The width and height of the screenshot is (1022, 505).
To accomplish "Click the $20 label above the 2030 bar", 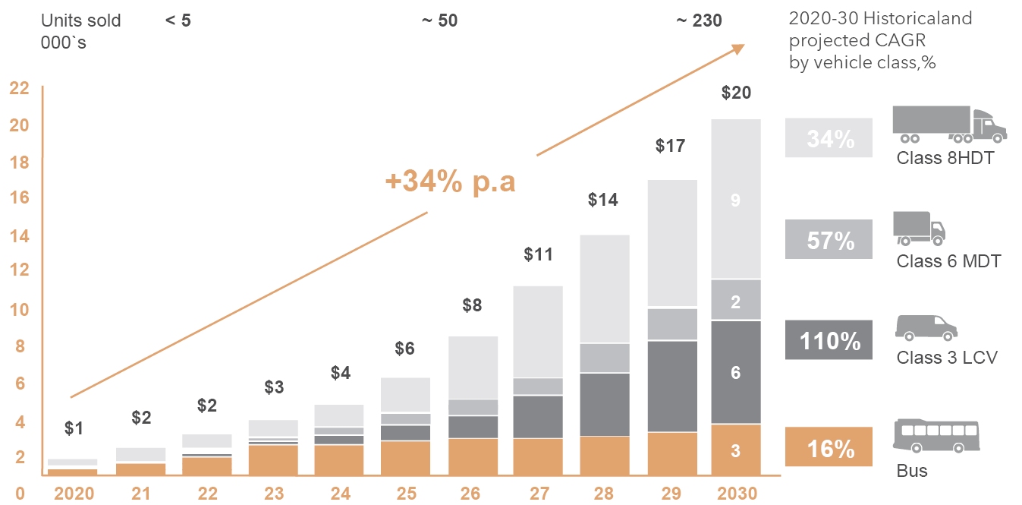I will click(735, 93).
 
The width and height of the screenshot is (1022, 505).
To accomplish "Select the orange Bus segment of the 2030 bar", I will click(735, 450).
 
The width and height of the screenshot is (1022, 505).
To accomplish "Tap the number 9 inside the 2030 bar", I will click(735, 200).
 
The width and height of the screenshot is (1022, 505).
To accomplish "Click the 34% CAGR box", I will click(829, 138).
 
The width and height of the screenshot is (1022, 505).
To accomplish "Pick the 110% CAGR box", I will click(829, 340).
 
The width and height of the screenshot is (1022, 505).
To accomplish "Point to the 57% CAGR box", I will click(829, 239).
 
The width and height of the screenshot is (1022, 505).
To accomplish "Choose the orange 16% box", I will click(829, 448).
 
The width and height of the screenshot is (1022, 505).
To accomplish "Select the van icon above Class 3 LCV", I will click(926, 328).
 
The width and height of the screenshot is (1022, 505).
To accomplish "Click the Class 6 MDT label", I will click(948, 261).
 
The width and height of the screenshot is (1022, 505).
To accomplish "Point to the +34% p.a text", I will click(450, 182).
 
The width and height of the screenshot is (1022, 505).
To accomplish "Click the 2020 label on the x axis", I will click(74, 494).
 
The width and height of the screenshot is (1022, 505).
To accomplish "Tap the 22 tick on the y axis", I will click(19, 88).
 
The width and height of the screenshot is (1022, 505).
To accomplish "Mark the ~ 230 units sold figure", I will click(699, 21).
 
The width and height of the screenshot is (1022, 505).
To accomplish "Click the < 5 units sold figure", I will click(178, 21).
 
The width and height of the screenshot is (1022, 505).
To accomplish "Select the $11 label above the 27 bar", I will click(539, 254).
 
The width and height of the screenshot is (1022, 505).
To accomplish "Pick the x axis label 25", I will click(406, 494).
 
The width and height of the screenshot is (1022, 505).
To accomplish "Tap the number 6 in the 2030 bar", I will click(735, 372).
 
